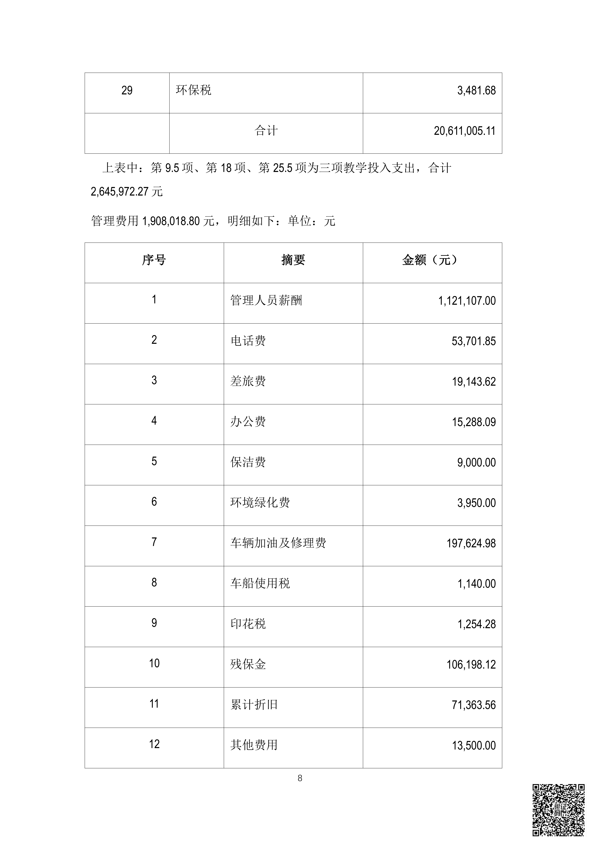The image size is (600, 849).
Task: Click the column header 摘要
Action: click(293, 260)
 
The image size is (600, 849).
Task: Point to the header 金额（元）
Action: click(432, 260)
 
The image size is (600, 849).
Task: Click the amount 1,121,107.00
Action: click(467, 301)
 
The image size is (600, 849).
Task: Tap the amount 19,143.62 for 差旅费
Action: click(474, 382)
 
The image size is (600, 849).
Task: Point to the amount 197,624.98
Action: click(471, 543)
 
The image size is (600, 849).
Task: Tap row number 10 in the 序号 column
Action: click(154, 663)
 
